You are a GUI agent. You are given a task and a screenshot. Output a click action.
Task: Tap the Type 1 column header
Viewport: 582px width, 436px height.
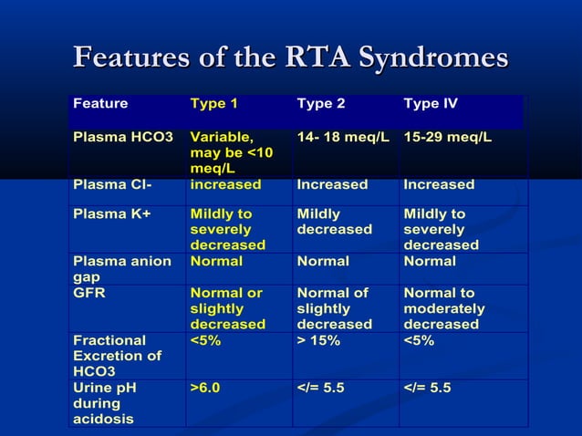[214, 104]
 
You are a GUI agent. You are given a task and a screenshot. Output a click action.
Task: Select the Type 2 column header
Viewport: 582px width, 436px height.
[321, 104]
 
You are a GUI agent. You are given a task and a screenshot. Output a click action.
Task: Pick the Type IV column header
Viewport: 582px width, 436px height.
[430, 104]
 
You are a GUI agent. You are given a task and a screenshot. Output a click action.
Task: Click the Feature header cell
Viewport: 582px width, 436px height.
[100, 104]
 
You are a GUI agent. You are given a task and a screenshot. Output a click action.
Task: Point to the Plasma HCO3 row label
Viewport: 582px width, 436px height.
[123, 137]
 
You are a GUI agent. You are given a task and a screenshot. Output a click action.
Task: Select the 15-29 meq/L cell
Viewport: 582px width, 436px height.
[447, 137]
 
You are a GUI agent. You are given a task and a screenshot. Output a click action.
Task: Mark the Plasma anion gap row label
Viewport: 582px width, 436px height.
[121, 268]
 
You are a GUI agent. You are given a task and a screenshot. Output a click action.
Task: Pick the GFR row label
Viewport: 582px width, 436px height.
[88, 293]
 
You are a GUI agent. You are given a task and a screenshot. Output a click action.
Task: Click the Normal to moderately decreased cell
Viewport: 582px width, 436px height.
[443, 308]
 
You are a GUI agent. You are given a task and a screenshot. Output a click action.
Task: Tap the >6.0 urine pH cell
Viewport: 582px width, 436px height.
[206, 388]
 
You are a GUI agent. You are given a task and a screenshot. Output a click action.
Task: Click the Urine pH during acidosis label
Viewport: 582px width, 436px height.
[105, 403]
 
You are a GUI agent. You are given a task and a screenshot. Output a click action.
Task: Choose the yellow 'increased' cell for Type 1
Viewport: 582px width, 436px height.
[224, 184]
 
